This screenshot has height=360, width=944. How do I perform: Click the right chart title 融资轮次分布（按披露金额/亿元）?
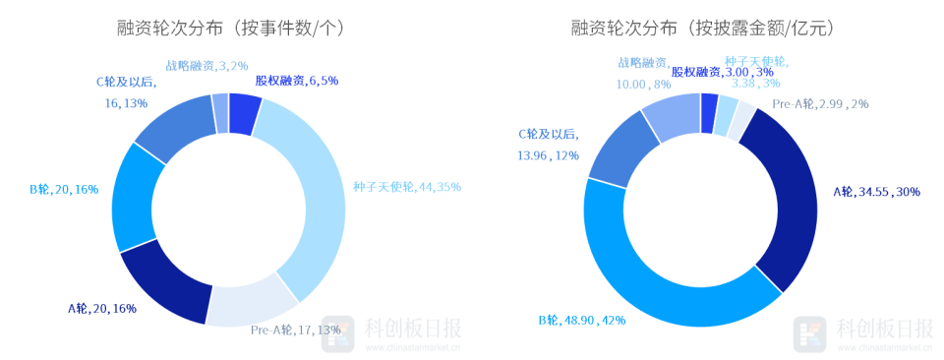(702, 30)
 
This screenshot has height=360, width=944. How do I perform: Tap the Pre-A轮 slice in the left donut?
(255, 303)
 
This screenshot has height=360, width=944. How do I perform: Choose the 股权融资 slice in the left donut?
(244, 112)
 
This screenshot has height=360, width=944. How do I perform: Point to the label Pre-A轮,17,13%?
(295, 329)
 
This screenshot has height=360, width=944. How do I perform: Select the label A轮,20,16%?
(101, 308)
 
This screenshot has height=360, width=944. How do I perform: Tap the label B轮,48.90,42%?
(583, 320)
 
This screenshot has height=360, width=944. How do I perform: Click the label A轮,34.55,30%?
(876, 192)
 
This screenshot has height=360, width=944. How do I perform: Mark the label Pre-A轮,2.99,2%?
(820, 103)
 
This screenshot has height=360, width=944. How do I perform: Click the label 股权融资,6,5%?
(297, 80)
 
